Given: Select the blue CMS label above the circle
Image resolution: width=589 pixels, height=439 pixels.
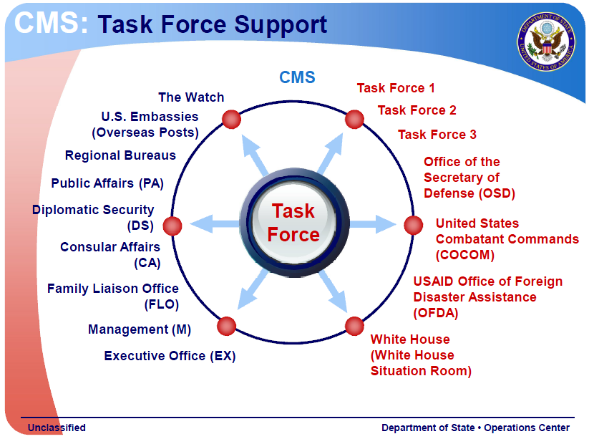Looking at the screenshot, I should tap(297, 77).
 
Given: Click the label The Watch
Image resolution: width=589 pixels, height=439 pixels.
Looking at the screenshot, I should tap(191, 97).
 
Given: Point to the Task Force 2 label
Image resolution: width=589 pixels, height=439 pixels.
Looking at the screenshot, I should tap(417, 110).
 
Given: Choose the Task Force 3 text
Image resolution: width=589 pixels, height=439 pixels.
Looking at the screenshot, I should tap(437, 135).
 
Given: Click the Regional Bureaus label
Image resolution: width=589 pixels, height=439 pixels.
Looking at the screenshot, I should tap(120, 155).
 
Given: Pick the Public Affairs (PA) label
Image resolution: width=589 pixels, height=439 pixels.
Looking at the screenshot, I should tap(107, 183).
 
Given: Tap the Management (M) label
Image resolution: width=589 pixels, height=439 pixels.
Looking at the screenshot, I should tap(140, 329).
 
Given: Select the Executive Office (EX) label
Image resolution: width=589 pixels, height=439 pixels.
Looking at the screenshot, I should tap(170, 356).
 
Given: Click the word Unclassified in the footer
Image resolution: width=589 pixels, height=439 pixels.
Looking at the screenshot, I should tap(57, 428).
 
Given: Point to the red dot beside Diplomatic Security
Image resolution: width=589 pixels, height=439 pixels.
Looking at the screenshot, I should tap(172, 226).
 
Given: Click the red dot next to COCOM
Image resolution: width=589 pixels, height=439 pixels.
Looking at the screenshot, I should tap(414, 226).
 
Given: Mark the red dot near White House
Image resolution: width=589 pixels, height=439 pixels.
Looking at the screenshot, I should tap(354, 326).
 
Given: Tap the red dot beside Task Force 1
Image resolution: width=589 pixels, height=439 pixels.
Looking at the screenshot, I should tap(354, 120).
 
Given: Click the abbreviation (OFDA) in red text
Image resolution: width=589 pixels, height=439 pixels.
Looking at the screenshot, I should tap(435, 313).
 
